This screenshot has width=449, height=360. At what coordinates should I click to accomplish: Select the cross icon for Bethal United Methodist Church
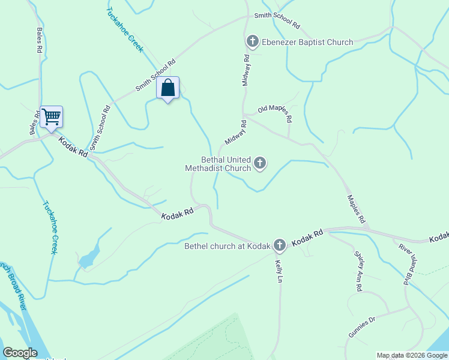tap(260, 163)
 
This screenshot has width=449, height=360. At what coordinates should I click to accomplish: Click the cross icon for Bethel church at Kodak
tap(279, 245)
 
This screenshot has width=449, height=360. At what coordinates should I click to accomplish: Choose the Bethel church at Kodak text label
tap(228, 245)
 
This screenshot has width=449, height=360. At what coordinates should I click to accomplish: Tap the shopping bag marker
tap(168, 89)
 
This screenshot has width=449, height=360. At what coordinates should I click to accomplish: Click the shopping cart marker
tap(52, 116)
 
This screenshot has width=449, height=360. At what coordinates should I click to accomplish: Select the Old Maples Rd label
tap(275, 110)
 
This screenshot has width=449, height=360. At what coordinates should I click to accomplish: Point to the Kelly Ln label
tap(279, 271)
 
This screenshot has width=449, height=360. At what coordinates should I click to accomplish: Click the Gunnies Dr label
tap(361, 327)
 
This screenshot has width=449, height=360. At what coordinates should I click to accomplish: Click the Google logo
tap(20, 353)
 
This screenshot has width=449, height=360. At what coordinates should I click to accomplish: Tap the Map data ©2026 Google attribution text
tap(412, 355)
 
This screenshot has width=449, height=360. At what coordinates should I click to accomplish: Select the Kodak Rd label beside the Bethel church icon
tap(308, 238)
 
